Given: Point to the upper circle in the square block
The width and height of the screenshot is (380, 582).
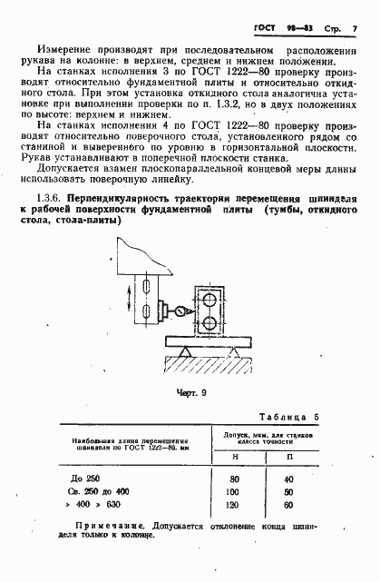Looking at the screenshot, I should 211,301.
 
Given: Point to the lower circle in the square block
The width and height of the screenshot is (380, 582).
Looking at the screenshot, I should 211,323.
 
